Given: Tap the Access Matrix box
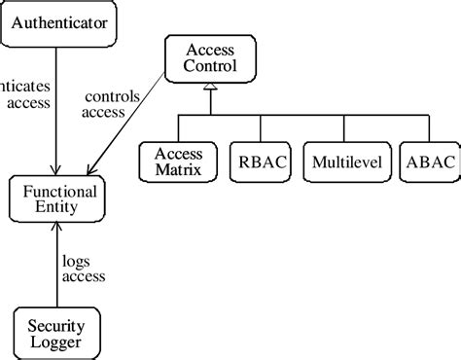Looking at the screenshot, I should tap(178, 162).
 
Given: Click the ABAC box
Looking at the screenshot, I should tap(428, 162).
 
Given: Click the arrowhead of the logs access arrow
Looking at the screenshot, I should tap(58, 230).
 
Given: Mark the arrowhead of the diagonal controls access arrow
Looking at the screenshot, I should tap(93, 170).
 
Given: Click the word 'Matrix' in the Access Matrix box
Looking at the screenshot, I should tap(178, 170).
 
